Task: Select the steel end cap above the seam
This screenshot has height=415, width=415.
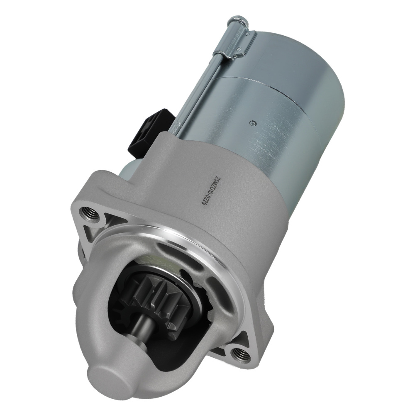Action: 290,54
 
